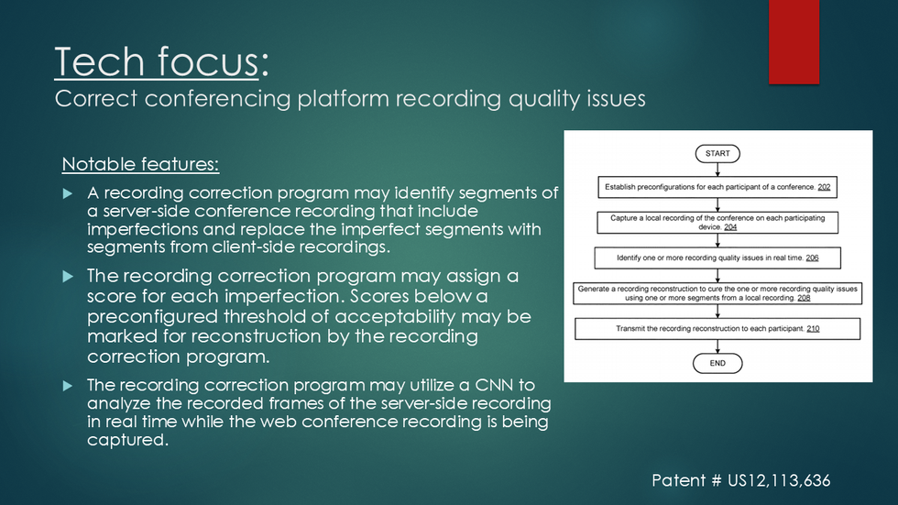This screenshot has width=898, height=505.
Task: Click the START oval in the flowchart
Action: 717,153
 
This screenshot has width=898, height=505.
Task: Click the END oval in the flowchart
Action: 717,363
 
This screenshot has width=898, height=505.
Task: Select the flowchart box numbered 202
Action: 717,187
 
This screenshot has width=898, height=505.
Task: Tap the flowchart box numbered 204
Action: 717,223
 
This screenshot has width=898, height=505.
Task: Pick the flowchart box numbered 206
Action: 717,258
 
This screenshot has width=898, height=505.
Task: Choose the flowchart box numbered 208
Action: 717,293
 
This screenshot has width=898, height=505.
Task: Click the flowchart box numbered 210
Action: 717,329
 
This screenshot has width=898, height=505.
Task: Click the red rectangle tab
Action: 794,42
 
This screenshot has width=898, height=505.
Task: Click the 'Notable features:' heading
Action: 140,164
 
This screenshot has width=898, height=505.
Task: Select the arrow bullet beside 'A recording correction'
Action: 68,193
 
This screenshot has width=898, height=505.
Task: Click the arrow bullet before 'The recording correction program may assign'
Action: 68,277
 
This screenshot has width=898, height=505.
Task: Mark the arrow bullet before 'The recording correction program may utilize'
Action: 68,386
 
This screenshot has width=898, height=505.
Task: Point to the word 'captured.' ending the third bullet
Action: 127,440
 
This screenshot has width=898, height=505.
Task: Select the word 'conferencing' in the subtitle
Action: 218,98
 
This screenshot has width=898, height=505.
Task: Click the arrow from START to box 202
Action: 717,170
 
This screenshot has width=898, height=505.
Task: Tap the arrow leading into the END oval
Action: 717,346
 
